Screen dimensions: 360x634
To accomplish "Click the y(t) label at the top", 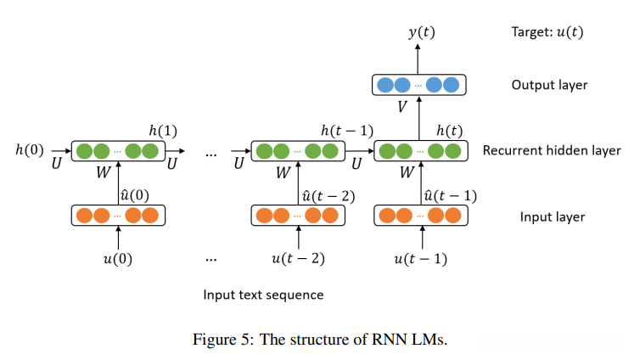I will pyautogui.click(x=419, y=33).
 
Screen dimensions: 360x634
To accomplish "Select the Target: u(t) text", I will pyautogui.click(x=547, y=33).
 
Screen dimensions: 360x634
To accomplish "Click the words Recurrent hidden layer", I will pyautogui.click(x=552, y=151).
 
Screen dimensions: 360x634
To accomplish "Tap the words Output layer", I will pyautogui.click(x=549, y=85).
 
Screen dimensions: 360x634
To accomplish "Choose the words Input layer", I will pyautogui.click(x=553, y=217).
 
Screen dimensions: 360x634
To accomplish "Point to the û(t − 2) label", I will pyautogui.click(x=328, y=195).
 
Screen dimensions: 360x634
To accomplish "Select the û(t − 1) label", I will pyautogui.click(x=449, y=195).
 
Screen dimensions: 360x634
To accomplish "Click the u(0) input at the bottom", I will pyautogui.click(x=117, y=258).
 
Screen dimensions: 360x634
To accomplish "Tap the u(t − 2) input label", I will pyautogui.click(x=297, y=258).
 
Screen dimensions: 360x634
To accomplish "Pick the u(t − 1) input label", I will pyautogui.click(x=420, y=258).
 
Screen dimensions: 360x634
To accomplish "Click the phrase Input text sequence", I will pyautogui.click(x=263, y=295).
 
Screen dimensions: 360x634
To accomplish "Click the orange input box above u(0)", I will pyautogui.click(x=117, y=216).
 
